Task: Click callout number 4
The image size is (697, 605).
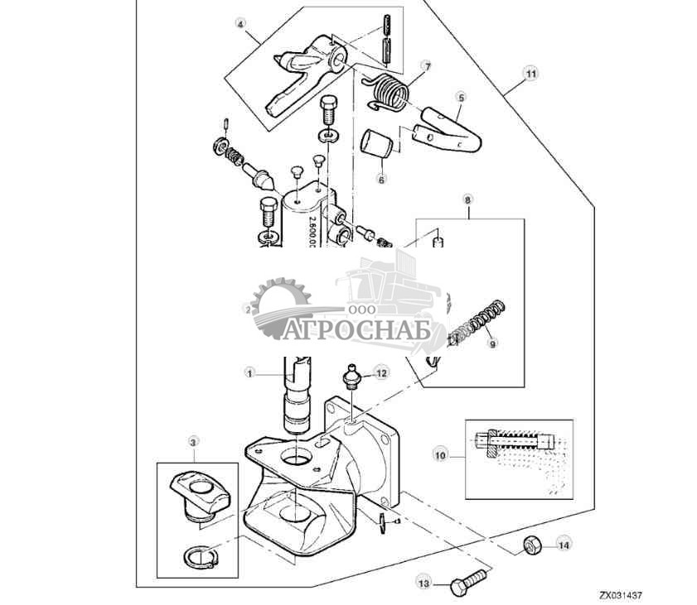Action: click(241, 26)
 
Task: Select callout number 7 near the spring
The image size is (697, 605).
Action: click(428, 65)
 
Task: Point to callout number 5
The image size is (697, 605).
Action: click(460, 97)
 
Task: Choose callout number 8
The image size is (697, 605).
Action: click(468, 199)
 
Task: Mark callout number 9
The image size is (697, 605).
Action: click(491, 343)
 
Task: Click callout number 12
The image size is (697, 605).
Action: click(380, 373)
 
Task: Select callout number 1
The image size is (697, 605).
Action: click(249, 373)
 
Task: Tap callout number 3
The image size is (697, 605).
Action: click(193, 444)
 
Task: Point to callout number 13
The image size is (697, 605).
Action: click(424, 584)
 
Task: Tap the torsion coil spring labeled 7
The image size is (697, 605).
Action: click(388, 90)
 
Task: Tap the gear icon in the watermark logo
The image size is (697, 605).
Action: click(279, 308)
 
